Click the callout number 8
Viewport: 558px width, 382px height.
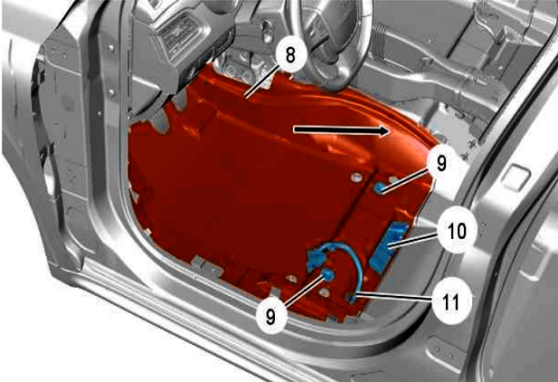(290, 55)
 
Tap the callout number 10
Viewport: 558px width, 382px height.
(457, 231)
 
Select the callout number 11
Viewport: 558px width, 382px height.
(451, 301)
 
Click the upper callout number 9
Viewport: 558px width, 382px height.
(441, 163)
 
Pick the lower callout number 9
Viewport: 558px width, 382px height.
(270, 316)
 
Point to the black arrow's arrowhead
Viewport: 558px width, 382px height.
(385, 131)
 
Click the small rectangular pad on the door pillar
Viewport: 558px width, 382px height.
(518, 176)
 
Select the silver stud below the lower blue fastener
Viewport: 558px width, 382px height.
(324, 292)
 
